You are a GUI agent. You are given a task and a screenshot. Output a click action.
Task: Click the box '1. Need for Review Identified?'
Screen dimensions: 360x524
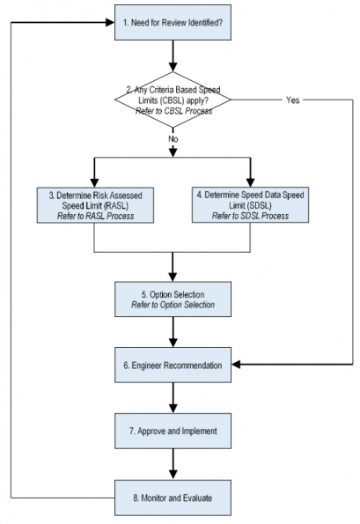click(173, 22)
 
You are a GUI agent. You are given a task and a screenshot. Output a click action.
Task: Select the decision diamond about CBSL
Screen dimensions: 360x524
click(173, 100)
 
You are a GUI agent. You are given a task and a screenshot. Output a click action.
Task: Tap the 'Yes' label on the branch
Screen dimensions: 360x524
click(292, 100)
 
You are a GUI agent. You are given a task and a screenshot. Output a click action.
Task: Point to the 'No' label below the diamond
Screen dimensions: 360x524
click(173, 138)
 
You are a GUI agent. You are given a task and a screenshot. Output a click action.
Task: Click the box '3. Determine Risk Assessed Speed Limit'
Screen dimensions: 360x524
click(95, 205)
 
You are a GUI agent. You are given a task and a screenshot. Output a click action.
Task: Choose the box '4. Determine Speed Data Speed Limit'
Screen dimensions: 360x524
click(250, 205)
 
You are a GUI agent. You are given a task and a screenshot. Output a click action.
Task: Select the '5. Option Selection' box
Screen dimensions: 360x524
click(173, 299)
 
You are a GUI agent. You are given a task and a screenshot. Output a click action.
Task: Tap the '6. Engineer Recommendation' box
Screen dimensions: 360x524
click(173, 365)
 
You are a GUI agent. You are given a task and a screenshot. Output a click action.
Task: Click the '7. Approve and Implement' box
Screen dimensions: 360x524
click(173, 431)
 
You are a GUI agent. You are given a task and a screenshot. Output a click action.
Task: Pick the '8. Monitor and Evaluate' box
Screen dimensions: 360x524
click(173, 498)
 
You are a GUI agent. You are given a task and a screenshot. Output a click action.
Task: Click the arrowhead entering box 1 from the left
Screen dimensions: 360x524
click(110, 22)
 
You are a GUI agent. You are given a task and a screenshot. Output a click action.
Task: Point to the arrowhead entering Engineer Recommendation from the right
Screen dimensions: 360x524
click(236, 365)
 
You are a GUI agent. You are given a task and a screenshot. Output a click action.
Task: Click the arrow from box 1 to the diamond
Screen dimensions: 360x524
click(173, 55)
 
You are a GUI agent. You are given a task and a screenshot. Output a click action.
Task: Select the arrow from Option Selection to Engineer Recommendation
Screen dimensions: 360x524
click(173, 332)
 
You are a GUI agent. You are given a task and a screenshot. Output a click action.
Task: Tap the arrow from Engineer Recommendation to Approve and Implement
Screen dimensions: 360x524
click(173, 398)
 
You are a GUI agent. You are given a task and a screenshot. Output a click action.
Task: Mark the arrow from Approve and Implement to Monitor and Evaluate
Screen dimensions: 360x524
click(173, 464)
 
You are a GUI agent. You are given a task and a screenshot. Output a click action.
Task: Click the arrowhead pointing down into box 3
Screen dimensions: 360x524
click(94, 183)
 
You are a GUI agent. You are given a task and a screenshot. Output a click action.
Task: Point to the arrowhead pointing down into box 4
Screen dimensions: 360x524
click(250, 182)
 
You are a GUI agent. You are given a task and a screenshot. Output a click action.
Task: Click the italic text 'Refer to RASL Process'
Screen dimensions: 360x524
click(96, 217)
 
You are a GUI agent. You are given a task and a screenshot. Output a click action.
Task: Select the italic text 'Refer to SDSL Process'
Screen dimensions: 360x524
click(250, 216)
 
